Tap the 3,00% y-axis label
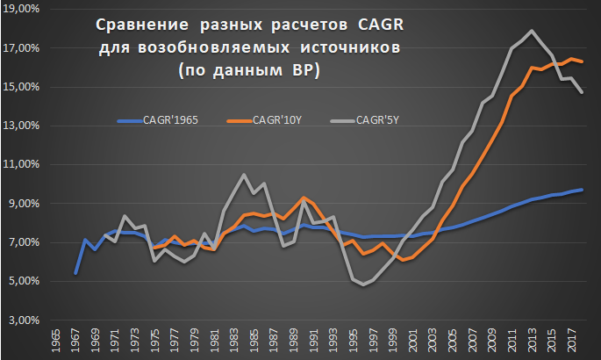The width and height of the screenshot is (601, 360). [23, 320]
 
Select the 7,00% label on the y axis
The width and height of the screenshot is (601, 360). [23, 242]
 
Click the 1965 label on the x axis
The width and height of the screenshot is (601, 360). [56, 342]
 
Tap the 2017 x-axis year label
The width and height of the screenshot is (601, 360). [571, 342]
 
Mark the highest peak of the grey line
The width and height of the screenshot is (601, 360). [532, 31]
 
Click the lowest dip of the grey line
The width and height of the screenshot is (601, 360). [361, 284]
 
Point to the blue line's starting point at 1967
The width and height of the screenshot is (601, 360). [75, 274]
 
